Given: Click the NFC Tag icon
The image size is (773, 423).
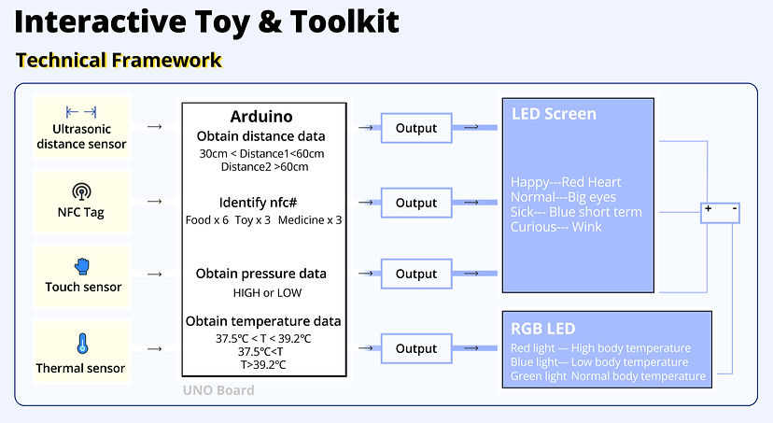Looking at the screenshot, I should click(x=81, y=192).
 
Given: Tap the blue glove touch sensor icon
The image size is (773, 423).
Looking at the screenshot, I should click(x=83, y=266).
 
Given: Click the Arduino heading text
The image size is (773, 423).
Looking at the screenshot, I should click(x=261, y=117).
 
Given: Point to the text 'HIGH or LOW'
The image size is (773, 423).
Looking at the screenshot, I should click(x=261, y=292).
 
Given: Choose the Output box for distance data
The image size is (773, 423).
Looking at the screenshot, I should click(x=416, y=128).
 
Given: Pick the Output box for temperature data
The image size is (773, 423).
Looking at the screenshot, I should click(x=416, y=348).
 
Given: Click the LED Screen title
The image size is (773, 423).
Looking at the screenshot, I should click(x=554, y=114).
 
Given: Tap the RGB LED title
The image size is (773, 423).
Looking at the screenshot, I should click(x=542, y=329).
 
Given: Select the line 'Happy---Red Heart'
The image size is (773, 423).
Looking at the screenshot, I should click(x=566, y=182).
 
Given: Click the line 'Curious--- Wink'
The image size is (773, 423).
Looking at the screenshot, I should click(x=556, y=227).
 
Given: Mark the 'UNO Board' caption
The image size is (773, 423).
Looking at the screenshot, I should click(x=218, y=390).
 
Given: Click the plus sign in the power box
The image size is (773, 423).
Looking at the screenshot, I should click(x=709, y=210).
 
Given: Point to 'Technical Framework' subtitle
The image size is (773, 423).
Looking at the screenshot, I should click(x=119, y=61).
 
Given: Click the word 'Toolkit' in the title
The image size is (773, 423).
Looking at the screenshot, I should click(x=334, y=21).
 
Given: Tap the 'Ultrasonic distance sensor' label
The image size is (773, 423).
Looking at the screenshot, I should click(x=81, y=136).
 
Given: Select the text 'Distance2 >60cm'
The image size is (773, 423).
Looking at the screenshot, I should click(x=264, y=167).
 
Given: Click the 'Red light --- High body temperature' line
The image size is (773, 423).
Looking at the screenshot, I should click(x=600, y=348).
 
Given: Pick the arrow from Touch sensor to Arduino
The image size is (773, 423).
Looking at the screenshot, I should click(x=155, y=275).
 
